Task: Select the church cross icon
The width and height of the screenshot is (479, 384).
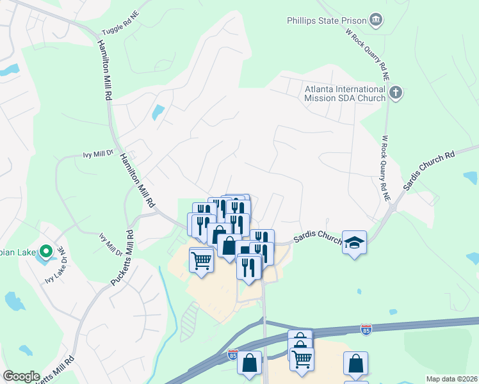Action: coord(396,93)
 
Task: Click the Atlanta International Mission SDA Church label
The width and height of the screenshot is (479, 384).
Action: coord(345,93)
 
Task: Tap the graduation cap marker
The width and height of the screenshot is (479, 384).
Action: coord(354,243)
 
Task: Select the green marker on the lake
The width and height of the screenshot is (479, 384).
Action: coord(45,251)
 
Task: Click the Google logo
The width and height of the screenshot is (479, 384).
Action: coord(21,376)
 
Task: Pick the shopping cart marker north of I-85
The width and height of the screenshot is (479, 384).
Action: coord(201,260)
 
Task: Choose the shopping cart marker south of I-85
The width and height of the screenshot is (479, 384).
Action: coord(302,358)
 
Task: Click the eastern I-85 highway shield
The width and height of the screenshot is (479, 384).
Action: coord(366,329)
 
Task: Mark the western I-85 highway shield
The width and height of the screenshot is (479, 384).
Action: coord(233,353)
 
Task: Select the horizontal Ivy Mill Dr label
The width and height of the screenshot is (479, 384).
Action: coord(98,154)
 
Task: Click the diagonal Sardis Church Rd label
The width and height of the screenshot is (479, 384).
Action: coord(428,171)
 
